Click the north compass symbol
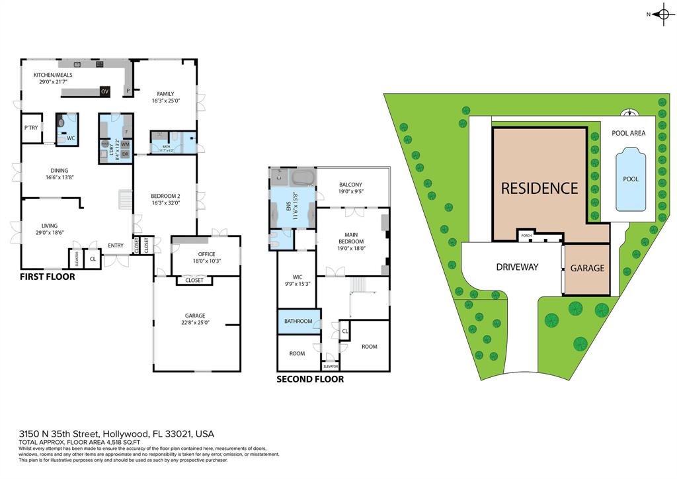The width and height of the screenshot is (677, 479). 662,15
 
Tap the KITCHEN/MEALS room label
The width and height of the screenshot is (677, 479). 53,75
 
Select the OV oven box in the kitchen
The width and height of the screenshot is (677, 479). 104,91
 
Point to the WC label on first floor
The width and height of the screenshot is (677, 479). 71,138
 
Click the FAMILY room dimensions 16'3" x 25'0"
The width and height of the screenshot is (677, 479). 165,101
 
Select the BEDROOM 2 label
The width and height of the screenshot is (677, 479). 165,196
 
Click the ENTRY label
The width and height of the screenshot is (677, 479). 116,245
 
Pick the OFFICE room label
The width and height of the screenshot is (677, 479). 206,253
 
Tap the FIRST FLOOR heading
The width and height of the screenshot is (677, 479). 47,277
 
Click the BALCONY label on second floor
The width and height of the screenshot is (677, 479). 350,185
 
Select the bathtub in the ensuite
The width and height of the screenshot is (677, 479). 303,178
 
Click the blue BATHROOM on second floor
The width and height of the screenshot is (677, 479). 298,322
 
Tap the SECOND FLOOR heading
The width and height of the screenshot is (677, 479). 310,379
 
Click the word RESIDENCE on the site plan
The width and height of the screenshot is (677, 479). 539,188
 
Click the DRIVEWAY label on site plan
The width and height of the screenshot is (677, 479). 517,267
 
